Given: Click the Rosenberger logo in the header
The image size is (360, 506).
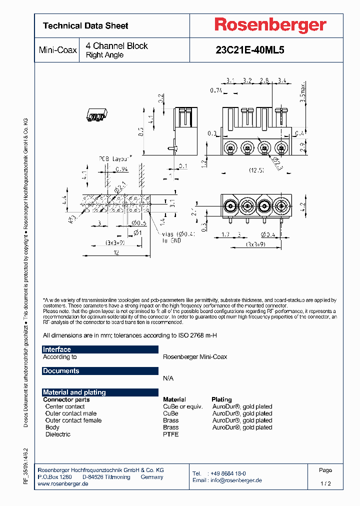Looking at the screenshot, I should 270,25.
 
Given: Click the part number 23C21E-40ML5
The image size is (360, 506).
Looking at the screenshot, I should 249,50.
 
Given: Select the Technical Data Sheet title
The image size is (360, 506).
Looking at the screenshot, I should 85,25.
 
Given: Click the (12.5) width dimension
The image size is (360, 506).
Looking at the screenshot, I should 256,170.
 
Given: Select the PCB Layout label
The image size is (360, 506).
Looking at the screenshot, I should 113,158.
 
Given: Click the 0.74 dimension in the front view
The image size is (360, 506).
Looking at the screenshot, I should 216,90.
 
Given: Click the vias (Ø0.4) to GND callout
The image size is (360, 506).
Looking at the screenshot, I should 178,236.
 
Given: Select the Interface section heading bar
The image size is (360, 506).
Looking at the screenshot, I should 100,349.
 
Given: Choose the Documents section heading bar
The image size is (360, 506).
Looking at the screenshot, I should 100,371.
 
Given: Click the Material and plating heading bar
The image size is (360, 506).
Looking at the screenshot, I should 100,392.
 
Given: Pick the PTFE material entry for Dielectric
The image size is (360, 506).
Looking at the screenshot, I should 170,434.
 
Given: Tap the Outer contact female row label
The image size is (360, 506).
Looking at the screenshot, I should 73,420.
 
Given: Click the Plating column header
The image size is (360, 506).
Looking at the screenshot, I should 222,399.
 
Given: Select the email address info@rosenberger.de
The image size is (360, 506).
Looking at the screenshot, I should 234,480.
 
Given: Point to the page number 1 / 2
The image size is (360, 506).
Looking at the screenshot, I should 325,484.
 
